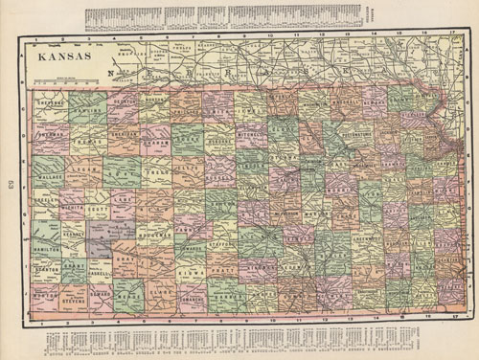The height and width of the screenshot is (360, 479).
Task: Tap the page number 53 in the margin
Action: [8, 183]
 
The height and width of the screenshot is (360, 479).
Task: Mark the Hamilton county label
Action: [46, 247]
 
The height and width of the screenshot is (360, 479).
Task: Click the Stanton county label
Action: [46, 271]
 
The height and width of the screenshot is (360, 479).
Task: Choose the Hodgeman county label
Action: [159, 232]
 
